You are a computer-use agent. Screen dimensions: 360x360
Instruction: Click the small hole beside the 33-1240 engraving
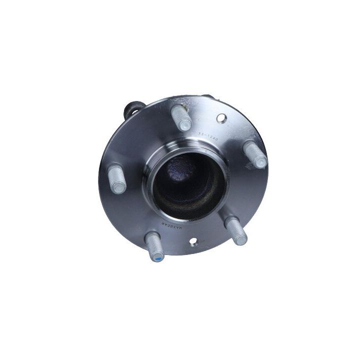(x=221, y=118)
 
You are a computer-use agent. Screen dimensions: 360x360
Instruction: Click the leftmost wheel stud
(x=116, y=178)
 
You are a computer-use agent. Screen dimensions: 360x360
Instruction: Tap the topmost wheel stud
(x=181, y=118)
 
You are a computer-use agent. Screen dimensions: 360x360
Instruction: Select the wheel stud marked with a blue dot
(x=155, y=247)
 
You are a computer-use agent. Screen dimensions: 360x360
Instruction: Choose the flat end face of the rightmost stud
(x=261, y=162)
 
